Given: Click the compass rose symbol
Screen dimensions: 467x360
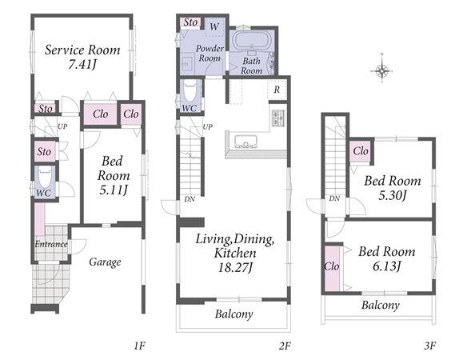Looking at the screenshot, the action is (x=381, y=71).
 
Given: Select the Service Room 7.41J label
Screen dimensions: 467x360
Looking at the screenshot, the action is (x=82, y=57).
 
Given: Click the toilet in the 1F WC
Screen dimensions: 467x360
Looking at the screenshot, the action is (x=46, y=178).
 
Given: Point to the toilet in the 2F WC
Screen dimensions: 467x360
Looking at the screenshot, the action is (x=190, y=91).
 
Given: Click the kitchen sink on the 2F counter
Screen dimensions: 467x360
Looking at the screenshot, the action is (x=245, y=142).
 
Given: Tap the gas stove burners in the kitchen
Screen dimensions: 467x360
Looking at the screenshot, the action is (x=277, y=118).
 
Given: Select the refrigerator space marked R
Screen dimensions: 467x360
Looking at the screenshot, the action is (x=277, y=90).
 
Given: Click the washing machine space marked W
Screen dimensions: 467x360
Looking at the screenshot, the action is (x=214, y=27).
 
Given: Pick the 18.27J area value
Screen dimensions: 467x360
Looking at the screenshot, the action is (x=235, y=267).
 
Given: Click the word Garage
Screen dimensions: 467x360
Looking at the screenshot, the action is (x=105, y=262).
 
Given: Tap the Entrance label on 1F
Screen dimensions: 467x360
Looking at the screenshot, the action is (x=51, y=244).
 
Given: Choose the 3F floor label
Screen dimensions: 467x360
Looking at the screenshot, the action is (x=430, y=346).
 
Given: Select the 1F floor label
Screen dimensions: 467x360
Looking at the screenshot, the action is (x=139, y=346).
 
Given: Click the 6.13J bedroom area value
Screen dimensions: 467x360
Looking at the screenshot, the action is (x=386, y=266).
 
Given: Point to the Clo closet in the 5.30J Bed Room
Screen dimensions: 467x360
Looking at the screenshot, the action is (x=361, y=151).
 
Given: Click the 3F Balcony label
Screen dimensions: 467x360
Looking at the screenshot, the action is (x=381, y=305).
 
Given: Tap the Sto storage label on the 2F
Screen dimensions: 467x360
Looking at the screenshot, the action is (x=190, y=22).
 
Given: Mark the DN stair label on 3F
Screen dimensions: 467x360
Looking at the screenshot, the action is (x=334, y=198).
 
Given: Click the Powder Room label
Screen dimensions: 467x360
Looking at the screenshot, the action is (x=210, y=53).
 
